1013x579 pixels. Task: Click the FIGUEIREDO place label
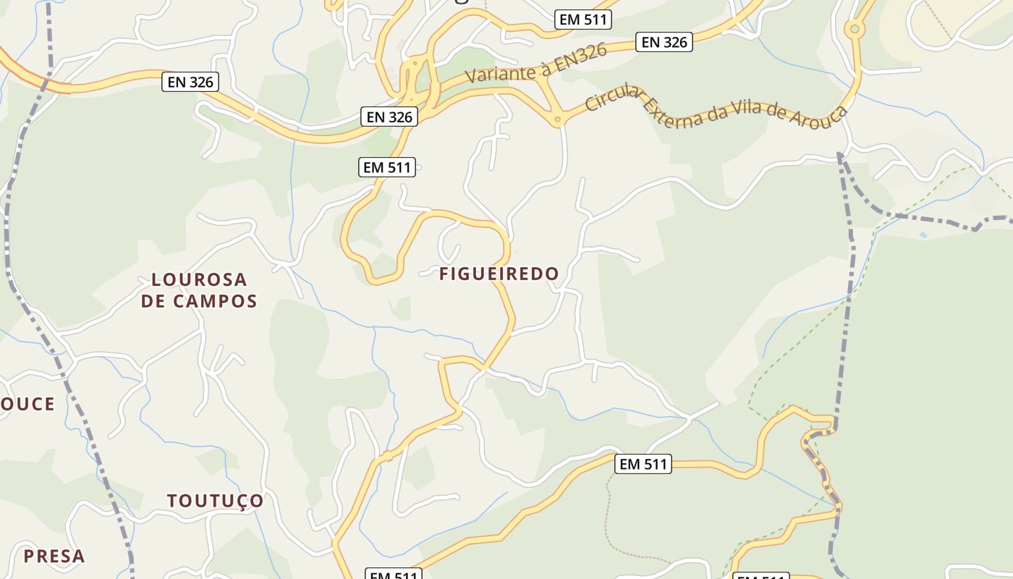[x=499, y=274]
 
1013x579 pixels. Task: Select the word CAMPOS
[x=216, y=301]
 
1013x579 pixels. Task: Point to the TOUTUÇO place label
[x=216, y=501]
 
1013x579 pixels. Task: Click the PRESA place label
[x=54, y=557]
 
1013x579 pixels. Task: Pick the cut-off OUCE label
[x=27, y=404]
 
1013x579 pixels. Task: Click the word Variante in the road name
[x=499, y=69]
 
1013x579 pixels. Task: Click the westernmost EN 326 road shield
[x=190, y=82]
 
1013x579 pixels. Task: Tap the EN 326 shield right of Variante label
[x=664, y=42]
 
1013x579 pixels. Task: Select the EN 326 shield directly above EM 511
[x=389, y=117]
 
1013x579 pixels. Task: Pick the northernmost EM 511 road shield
[x=584, y=20]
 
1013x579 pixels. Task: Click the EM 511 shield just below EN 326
[x=387, y=167]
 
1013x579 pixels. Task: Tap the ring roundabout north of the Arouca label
[x=855, y=30]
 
